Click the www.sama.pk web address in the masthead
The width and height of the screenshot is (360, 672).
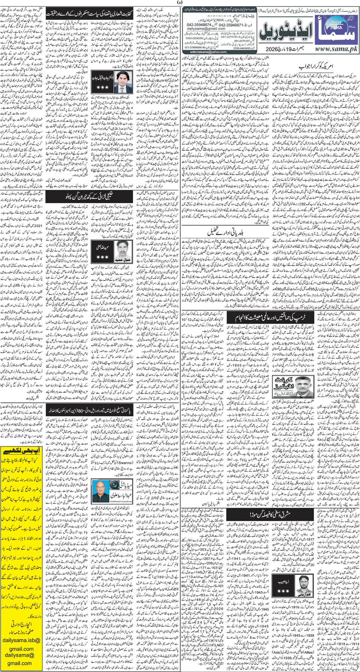[x=334, y=49]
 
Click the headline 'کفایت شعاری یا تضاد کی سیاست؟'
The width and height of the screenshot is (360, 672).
[x=90, y=15]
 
